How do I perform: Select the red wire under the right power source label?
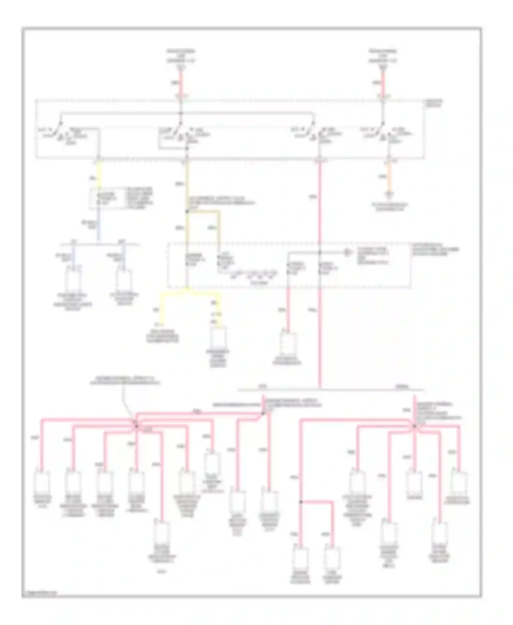click(383, 82)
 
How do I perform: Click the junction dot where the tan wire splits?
click(187, 212)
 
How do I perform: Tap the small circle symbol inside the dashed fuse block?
click(347, 252)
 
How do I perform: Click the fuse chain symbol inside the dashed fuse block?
click(253, 273)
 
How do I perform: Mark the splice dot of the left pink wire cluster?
click(136, 426)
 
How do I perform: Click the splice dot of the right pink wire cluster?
click(414, 426)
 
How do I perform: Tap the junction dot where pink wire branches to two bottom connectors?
click(301, 502)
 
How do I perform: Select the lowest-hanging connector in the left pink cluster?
click(162, 532)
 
